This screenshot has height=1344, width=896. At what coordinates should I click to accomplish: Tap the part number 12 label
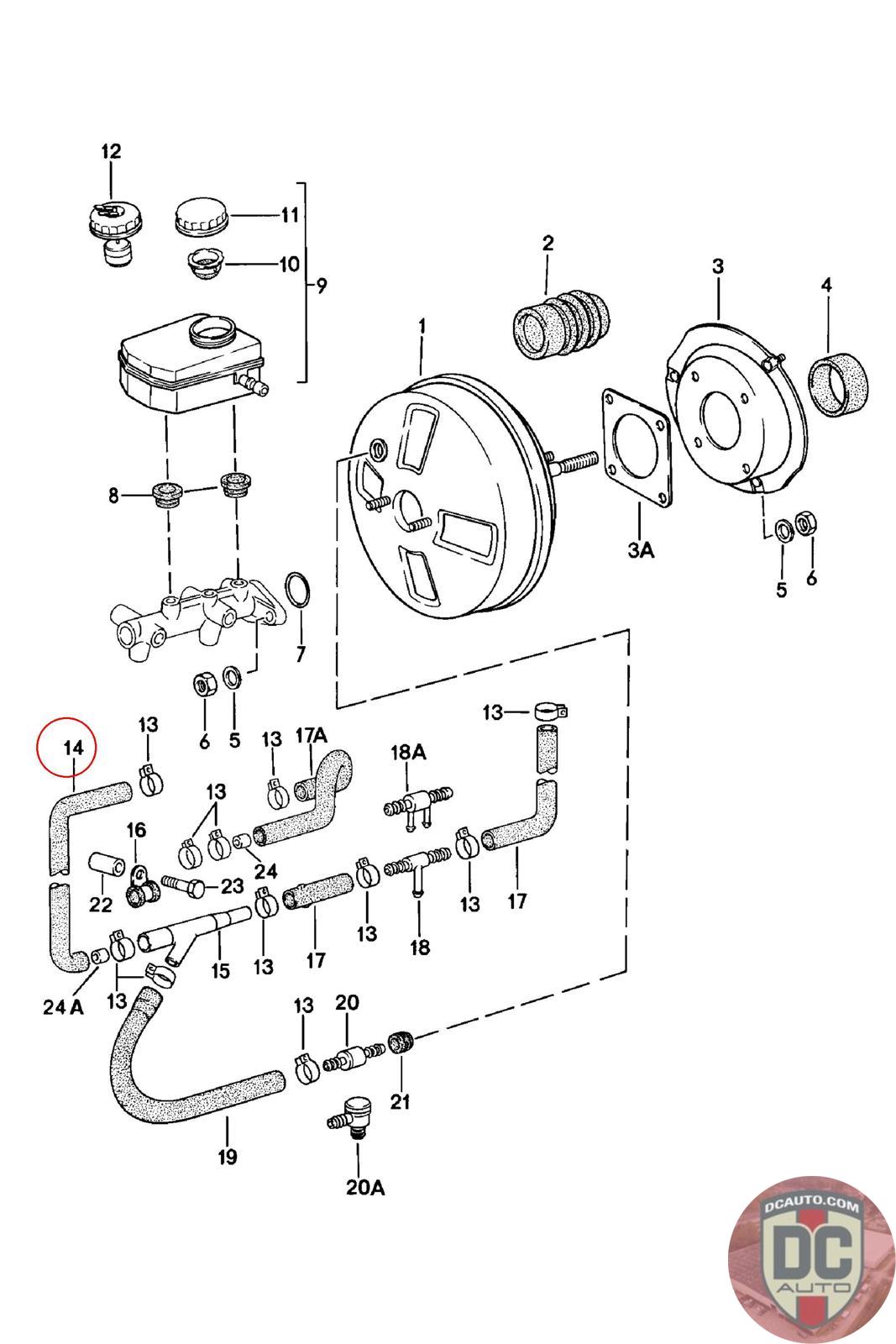(x=111, y=151)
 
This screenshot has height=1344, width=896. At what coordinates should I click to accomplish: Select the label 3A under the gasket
(x=641, y=549)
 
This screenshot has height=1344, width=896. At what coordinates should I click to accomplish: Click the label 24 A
(x=63, y=1007)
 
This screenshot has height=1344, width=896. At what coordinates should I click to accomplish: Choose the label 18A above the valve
(x=408, y=753)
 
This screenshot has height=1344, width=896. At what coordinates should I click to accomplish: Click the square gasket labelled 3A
(x=637, y=449)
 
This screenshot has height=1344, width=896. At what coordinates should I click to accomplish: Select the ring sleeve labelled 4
(x=838, y=384)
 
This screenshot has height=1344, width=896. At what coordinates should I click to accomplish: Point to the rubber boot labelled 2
(x=561, y=324)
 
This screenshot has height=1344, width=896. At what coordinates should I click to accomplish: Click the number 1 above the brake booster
(x=422, y=326)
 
